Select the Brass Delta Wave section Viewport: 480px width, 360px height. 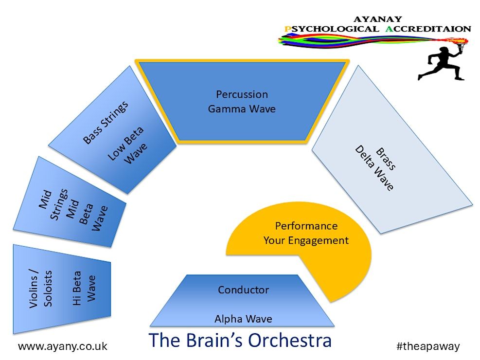point(389,156)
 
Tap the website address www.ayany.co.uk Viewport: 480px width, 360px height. point(62,346)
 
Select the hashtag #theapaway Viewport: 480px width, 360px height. point(428,346)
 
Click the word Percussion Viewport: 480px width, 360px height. point(242,94)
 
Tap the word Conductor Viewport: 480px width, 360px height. point(243,290)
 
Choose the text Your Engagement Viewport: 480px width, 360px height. point(306,240)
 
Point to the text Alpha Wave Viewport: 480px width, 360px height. point(243,319)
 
